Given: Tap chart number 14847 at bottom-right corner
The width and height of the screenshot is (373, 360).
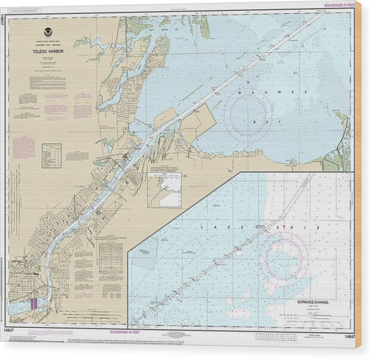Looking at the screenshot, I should [x=351, y=335].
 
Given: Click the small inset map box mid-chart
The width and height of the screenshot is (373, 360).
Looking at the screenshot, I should [x=164, y=189].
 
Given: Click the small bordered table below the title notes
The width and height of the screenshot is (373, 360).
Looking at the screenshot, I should [x=52, y=155].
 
